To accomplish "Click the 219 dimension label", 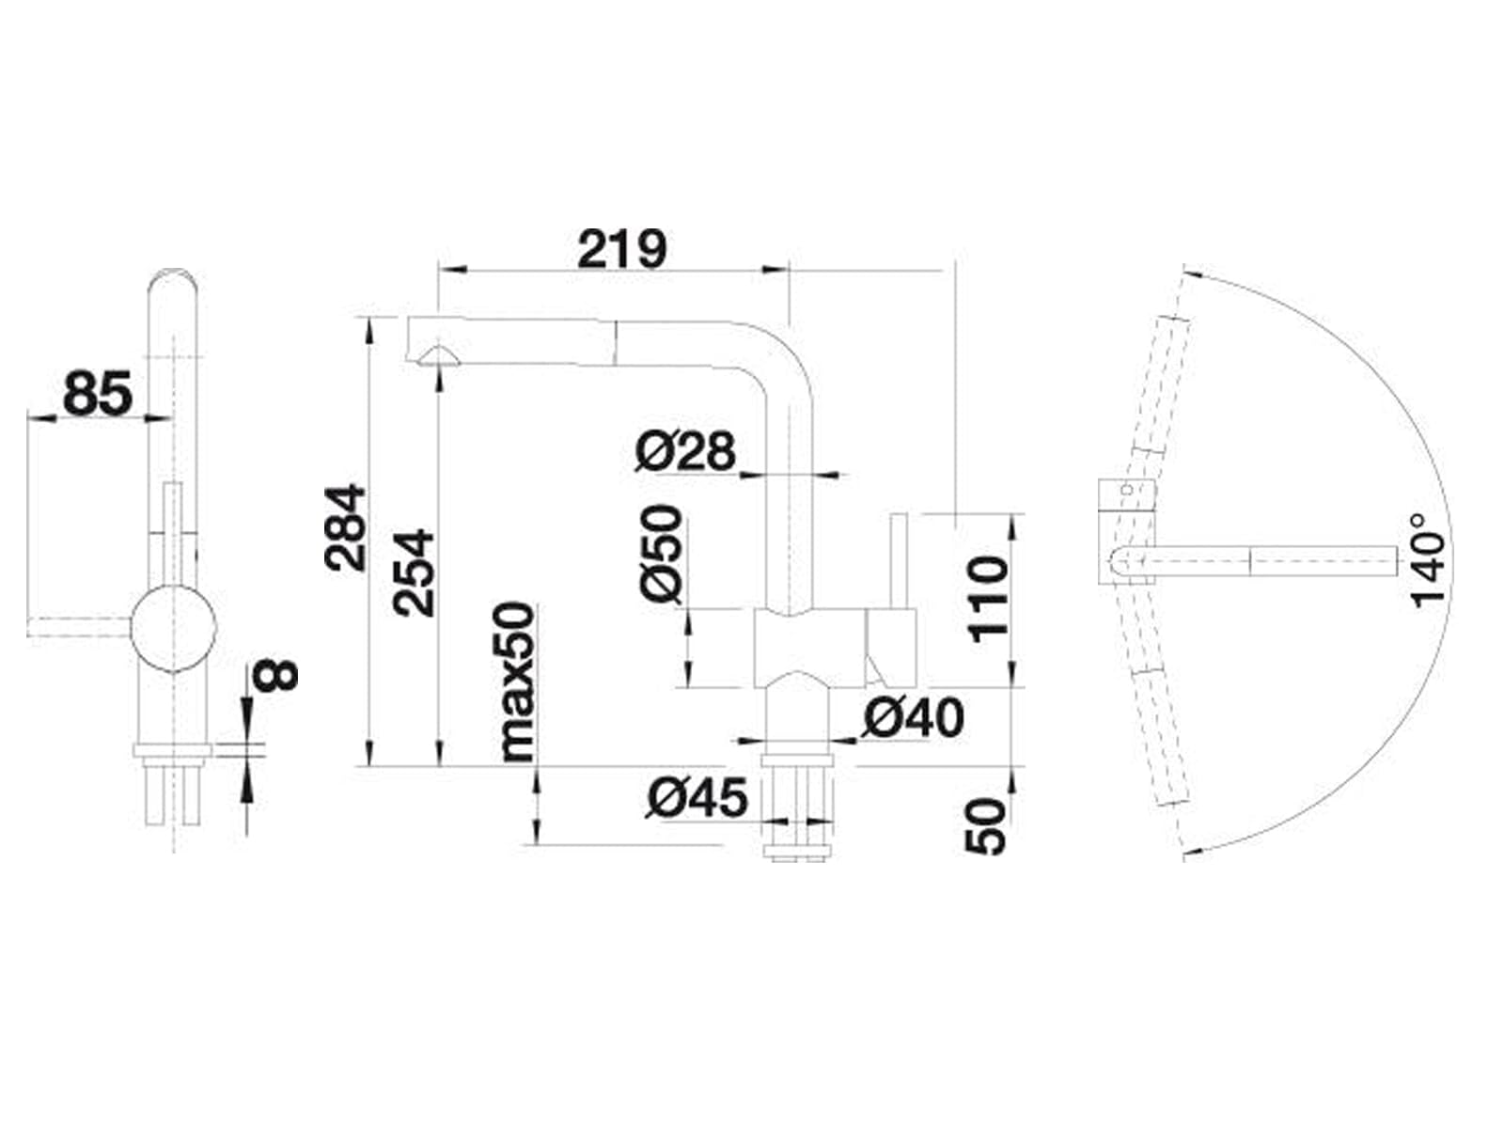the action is (x=621, y=248).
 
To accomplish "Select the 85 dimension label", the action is (x=98, y=393).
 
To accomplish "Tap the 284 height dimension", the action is (x=345, y=527).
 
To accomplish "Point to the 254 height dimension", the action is (x=414, y=572).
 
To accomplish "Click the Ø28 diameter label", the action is (x=685, y=451).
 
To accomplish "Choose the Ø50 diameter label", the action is (x=663, y=554).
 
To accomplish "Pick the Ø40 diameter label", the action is (x=914, y=717).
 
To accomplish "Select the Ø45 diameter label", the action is (x=697, y=797).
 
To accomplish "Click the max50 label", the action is (x=517, y=682).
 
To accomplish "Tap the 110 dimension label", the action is (x=989, y=600).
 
